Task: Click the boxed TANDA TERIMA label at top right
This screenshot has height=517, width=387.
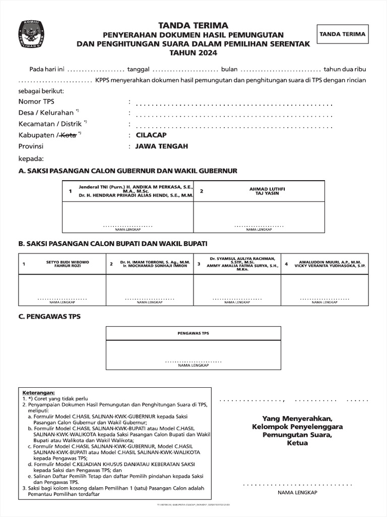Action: tap(342, 35)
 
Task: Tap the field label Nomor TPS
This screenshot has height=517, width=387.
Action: tap(36, 102)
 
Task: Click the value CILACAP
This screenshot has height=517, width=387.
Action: tap(151, 135)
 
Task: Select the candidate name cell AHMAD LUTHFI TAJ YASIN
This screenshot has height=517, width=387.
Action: tap(267, 191)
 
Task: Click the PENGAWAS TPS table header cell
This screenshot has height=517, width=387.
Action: tap(193, 334)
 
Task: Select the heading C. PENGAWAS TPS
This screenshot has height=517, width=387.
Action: tap(49, 317)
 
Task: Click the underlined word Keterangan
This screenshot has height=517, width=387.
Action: tap(38, 392)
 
